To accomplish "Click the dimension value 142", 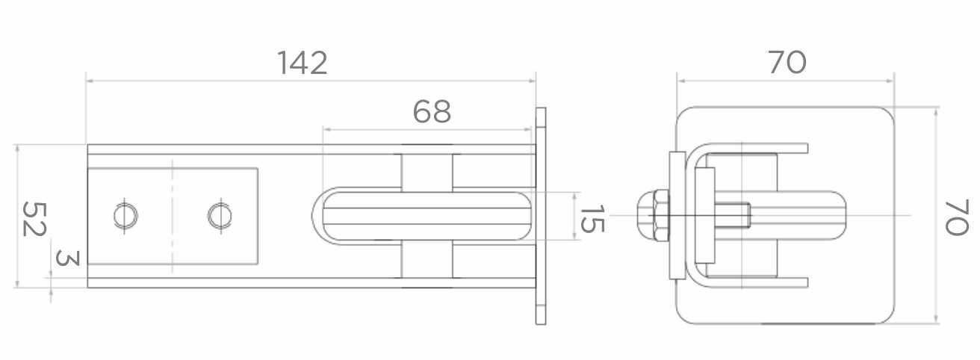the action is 303,63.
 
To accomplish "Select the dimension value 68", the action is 432,111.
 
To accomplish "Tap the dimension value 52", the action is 34,219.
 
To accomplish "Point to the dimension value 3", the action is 68,258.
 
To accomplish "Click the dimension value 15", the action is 592,218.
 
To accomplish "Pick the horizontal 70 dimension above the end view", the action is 787,63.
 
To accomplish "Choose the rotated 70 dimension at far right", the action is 956,218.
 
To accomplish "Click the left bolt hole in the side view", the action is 125,216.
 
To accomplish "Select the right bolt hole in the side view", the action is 220,216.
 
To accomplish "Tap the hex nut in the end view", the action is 653,215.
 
